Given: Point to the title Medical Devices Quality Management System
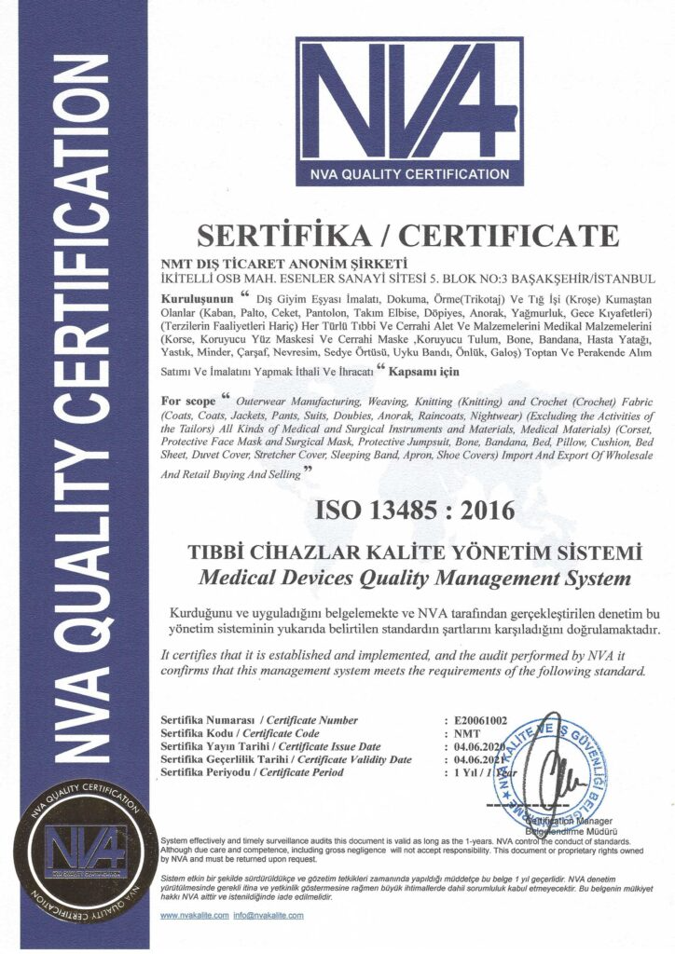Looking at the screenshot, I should pyautogui.click(x=415, y=579).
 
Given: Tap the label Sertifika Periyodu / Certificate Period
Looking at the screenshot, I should pyautogui.click(x=252, y=772).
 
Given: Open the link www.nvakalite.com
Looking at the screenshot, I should pyautogui.click(x=194, y=917).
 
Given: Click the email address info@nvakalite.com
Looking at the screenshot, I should pyautogui.click(x=269, y=917).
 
